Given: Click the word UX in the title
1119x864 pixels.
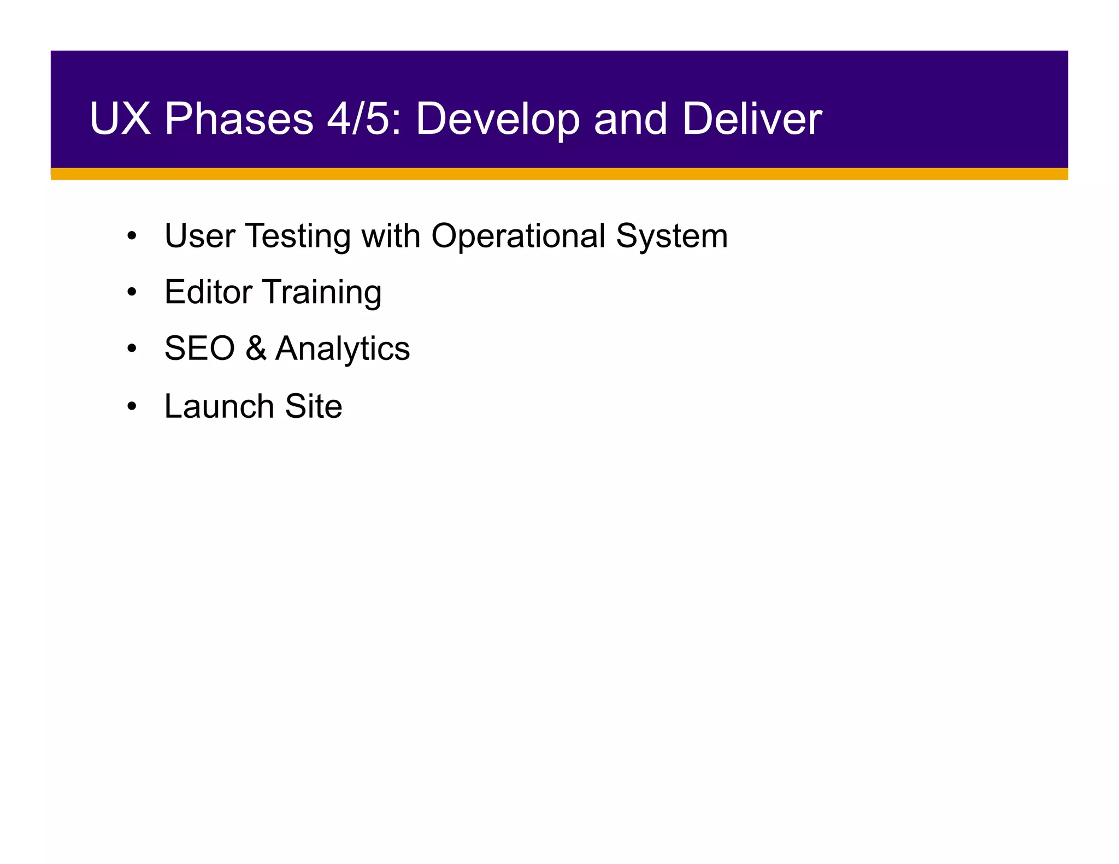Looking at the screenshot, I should coord(120,119).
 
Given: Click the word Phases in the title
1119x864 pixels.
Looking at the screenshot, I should coord(239,120).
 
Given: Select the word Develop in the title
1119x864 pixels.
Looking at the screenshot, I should coord(497,120).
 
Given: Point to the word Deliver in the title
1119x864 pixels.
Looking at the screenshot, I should coord(752,119).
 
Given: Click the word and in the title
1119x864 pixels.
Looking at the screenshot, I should coord(631,119).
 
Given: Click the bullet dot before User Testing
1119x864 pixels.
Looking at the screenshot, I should coord(131,237).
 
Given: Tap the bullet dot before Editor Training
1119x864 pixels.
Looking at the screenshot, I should coord(131,293).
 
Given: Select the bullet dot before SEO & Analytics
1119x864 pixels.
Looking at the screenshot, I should coord(131,350).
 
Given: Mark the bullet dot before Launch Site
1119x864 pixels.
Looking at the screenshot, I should coord(131,407).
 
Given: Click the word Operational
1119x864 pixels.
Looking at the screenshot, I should coord(518,236).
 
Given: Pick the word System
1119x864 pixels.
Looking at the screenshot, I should coord(672,237).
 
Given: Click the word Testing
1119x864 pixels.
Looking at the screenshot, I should coord(298,237).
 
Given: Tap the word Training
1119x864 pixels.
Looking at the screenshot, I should coord(322,293).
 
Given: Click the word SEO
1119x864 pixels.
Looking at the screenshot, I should coord(199,348).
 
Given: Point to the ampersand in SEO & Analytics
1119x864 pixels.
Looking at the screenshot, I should coord(255,348).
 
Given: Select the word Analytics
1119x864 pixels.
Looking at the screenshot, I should coord(342,350).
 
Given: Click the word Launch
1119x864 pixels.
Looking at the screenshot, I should coord(219,406).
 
